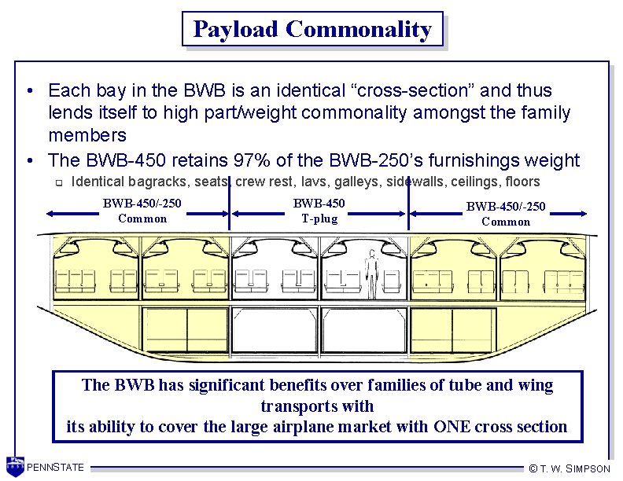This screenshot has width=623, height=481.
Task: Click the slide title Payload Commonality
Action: coord(312,29)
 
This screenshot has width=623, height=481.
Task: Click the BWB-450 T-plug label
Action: coord(319,211)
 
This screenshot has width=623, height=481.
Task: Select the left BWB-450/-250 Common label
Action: coord(142,211)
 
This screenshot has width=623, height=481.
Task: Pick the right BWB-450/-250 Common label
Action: coord(506,214)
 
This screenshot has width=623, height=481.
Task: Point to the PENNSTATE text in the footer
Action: coord(55,468)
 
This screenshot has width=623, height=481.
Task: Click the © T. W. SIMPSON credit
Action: coord(570,468)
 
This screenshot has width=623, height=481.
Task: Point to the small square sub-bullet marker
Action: coord(57,183)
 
